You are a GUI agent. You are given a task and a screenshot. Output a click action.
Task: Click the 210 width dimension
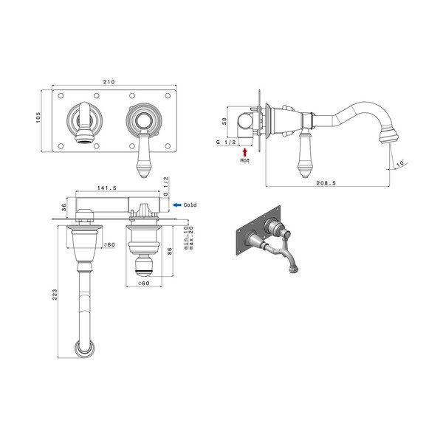[x=109, y=82]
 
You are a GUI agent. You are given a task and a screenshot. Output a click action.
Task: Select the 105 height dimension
[x=38, y=117]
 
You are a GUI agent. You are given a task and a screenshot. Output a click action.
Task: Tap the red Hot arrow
[x=244, y=152]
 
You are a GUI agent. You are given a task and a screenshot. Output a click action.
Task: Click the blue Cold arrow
[x=177, y=205]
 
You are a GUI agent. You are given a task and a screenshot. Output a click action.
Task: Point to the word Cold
[x=190, y=205]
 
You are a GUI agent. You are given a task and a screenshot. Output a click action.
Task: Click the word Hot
[x=245, y=160]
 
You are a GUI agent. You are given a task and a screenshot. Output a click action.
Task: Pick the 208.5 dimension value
[x=326, y=183]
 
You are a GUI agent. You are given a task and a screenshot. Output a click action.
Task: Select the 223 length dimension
[x=55, y=295]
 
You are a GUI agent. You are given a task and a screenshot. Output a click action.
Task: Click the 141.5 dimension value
[x=107, y=188]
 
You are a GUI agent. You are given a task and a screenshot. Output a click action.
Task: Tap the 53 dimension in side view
[x=224, y=121]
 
